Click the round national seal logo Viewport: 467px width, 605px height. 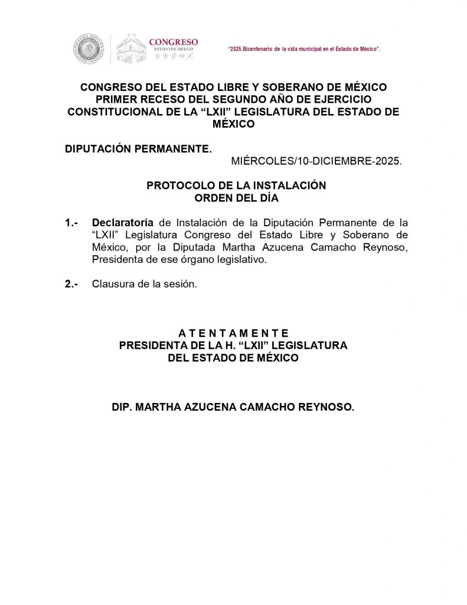[x=88, y=48]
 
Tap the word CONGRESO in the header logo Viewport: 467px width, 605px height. [x=173, y=42]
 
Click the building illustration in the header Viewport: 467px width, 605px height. [x=130, y=48]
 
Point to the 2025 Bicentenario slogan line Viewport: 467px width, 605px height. [x=303, y=48]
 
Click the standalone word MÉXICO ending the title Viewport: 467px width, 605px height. [x=233, y=124]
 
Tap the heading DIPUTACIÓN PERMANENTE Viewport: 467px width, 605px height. [x=138, y=149]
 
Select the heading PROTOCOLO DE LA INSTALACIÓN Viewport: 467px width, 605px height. [x=236, y=186]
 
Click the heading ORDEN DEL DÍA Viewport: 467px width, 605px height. [x=236, y=198]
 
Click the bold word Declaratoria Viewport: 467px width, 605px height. [x=122, y=223]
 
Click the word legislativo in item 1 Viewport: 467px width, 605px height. [x=243, y=259]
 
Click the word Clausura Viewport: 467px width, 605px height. [x=110, y=284]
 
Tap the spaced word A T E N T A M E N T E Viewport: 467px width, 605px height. [x=233, y=333]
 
